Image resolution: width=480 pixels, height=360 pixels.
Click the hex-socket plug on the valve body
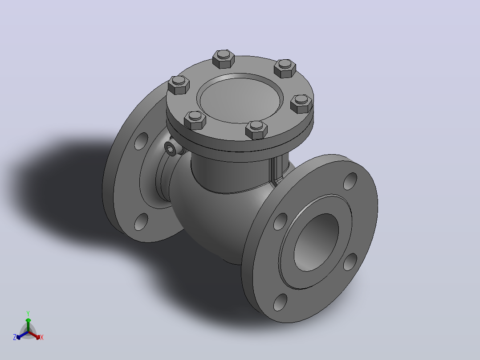[171, 149]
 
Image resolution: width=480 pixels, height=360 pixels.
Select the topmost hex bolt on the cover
[224, 59]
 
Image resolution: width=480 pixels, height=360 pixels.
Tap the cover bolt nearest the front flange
[256, 129]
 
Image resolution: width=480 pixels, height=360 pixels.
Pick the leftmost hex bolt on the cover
[179, 85]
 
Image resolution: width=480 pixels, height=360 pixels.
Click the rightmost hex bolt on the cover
[301, 104]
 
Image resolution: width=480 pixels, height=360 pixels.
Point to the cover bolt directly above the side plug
[195, 120]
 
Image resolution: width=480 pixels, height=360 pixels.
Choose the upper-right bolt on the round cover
[285, 68]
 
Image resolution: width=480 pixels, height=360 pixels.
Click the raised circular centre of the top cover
[240, 98]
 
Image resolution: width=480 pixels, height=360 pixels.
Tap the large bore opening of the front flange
[317, 242]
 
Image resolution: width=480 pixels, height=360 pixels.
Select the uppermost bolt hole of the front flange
[350, 181]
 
